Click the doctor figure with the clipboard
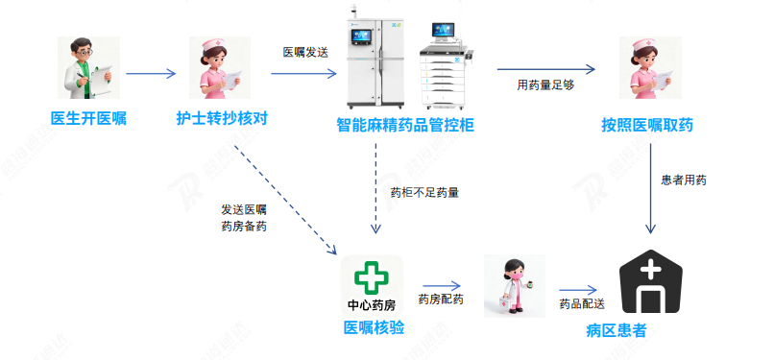(x=88, y=69)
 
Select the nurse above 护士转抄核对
(x=221, y=69)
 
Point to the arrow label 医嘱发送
(x=305, y=52)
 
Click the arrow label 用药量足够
(x=544, y=85)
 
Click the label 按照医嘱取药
(x=647, y=126)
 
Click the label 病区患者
(x=616, y=331)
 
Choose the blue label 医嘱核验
(x=374, y=328)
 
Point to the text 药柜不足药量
(x=424, y=192)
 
